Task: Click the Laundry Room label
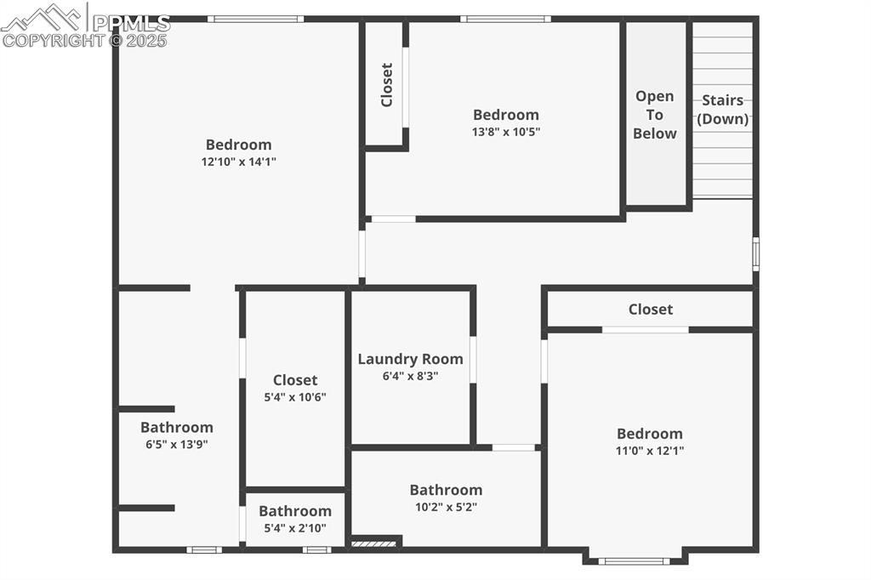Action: [x=410, y=359]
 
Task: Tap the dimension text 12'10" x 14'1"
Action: [x=239, y=162]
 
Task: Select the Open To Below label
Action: [x=655, y=115]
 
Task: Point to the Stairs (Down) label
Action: [x=723, y=110]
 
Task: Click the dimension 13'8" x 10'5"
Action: [x=506, y=132]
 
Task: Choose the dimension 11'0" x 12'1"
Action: [x=650, y=451]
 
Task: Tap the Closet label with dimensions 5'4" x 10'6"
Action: [x=295, y=380]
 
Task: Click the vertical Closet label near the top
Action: [x=387, y=84]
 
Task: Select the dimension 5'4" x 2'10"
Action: [x=295, y=528]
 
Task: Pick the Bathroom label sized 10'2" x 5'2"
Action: [x=446, y=490]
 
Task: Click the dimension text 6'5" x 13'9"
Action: [x=177, y=444]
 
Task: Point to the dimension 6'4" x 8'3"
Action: [x=410, y=376]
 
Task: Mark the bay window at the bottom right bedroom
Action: [x=634, y=560]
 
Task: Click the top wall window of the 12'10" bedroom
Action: [x=255, y=19]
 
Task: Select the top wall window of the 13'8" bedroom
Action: [x=505, y=19]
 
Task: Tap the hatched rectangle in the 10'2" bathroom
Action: [x=373, y=543]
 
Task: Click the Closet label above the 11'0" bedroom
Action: [x=651, y=310]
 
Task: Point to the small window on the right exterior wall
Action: [x=755, y=253]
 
